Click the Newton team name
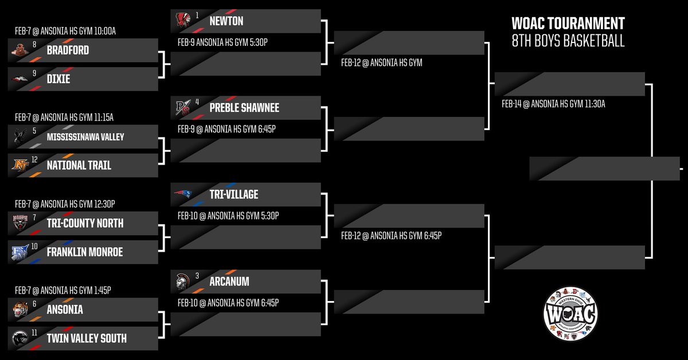226,21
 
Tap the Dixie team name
58,79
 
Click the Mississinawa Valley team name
85,137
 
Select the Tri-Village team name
233,195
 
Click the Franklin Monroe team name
85,252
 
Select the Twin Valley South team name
87,338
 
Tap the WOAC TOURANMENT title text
568,24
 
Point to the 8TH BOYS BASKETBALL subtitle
568,41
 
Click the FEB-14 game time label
553,104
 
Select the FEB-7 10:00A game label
66,31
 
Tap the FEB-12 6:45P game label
390,236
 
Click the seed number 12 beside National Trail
36,159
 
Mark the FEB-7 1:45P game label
66,291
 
